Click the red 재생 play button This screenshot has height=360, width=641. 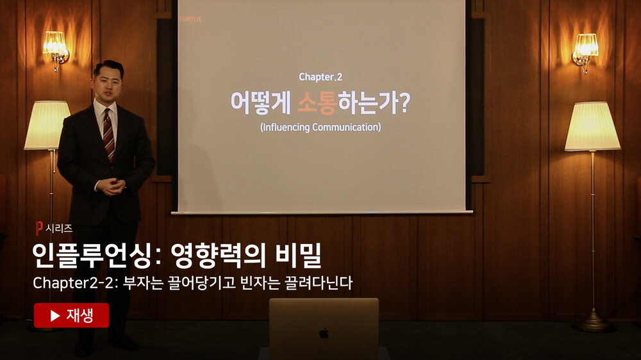point(72,315)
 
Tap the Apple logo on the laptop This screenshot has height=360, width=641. point(324,334)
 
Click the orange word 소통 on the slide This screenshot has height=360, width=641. point(317,102)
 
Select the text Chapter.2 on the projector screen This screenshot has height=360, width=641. point(320,77)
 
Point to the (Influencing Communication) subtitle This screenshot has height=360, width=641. point(320,127)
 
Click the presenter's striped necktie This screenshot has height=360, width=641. point(109,135)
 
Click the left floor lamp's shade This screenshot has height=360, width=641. point(47,125)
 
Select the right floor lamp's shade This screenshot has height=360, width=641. point(592,126)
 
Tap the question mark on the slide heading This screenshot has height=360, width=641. point(403,103)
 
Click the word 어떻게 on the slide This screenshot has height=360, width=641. point(260,102)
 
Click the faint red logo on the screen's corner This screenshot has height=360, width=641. point(191,19)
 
